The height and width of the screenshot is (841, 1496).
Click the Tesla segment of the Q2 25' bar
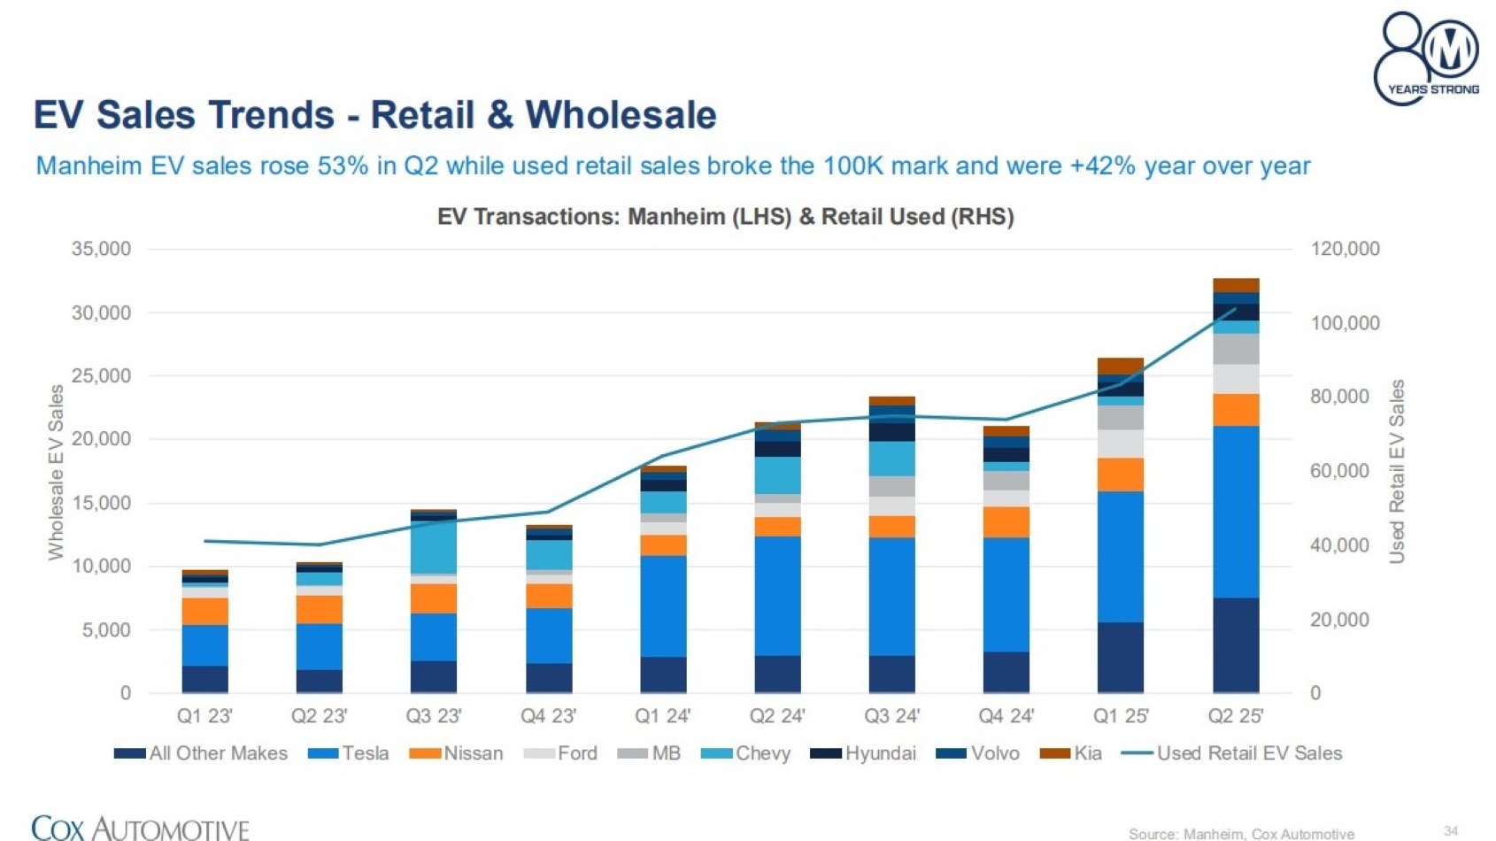click(1236, 512)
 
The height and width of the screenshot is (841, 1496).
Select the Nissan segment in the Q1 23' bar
click(204, 611)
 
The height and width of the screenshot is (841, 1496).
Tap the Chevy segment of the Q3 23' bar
click(434, 547)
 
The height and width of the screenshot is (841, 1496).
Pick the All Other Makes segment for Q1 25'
click(1121, 657)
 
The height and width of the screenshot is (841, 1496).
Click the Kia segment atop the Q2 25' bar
click(1236, 285)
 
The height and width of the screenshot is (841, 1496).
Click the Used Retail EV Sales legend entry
click(1232, 753)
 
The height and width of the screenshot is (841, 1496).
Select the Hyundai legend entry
click(863, 753)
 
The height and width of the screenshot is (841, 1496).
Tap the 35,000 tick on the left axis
click(101, 250)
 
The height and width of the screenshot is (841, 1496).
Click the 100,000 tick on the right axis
click(1345, 323)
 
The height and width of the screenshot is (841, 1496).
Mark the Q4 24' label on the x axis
click(1006, 715)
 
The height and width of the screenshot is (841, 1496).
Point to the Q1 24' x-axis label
click(662, 715)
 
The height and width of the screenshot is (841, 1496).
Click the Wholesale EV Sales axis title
click(57, 472)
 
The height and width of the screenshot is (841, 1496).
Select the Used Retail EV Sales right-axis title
click(1397, 472)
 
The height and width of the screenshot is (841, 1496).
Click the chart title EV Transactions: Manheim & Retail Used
click(725, 217)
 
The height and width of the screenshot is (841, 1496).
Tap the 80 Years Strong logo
click(1426, 58)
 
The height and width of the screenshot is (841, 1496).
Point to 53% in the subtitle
click(343, 166)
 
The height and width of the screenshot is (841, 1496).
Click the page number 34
click(1451, 830)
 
